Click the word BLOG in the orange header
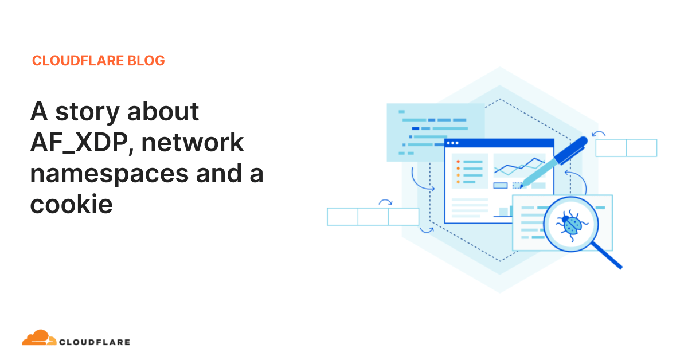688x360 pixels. click(x=146, y=61)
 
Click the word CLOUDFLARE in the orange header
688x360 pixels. click(x=78, y=61)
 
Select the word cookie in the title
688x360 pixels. click(x=71, y=204)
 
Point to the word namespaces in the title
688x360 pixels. click(x=110, y=174)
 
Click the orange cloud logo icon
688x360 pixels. click(x=39, y=338)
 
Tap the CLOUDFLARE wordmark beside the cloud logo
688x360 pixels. click(x=95, y=342)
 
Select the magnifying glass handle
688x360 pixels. click(x=607, y=256)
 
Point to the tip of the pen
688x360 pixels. click(x=521, y=187)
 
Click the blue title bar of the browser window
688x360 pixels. click(x=499, y=143)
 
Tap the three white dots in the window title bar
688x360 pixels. click(x=452, y=143)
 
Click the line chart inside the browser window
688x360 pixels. click(x=519, y=166)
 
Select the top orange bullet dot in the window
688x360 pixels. click(x=458, y=162)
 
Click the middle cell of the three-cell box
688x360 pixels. click(x=373, y=217)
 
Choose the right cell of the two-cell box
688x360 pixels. click(x=642, y=148)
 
